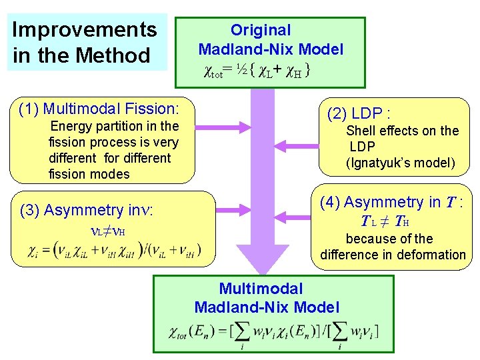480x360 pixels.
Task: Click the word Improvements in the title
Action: (x=85, y=30)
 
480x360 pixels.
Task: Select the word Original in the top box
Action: (x=261, y=30)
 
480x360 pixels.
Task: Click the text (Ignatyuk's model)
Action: (x=400, y=163)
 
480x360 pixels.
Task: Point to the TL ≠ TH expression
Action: (x=385, y=221)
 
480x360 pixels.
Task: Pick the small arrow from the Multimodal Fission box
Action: (x=217, y=127)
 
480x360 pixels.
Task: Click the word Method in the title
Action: (x=115, y=55)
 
